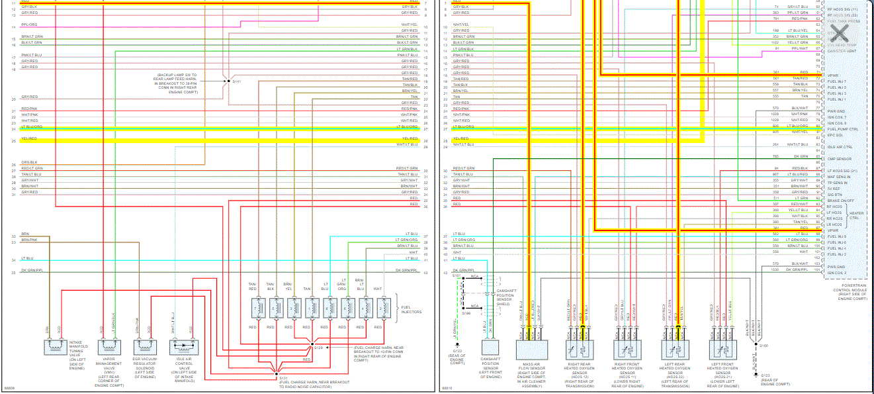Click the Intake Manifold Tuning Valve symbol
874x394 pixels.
[54, 347]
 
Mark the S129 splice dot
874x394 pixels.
[311, 346]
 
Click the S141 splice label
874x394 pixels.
[237, 81]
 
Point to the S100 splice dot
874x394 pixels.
[756, 345]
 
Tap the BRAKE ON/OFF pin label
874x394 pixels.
[841, 200]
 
